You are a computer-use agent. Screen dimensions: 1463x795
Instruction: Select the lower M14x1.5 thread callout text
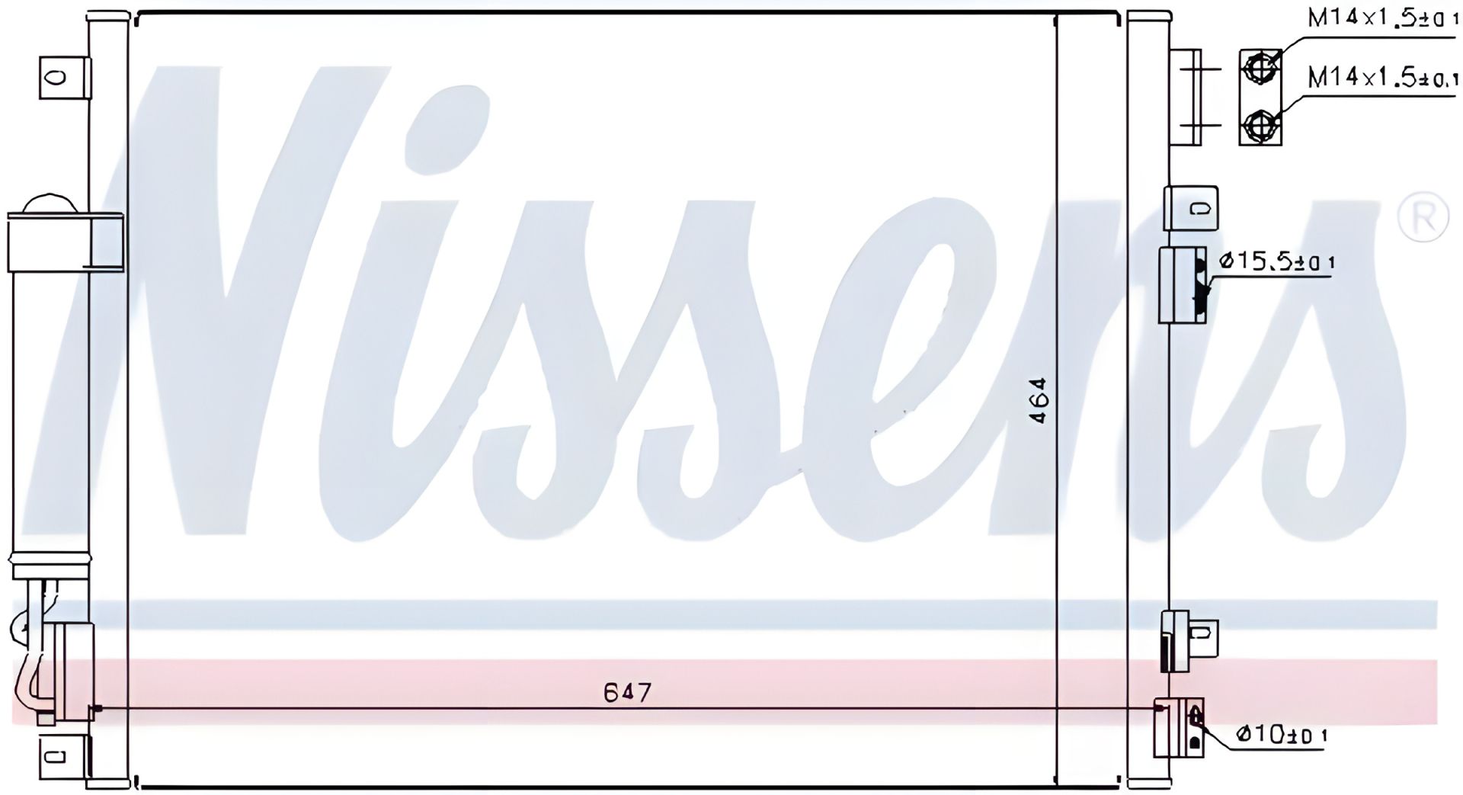coord(1383,77)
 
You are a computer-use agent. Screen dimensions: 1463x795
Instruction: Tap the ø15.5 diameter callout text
coord(1277,262)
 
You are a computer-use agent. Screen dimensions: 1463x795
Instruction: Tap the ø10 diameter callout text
coord(1282,735)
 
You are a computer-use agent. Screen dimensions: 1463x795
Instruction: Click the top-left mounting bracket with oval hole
coord(64,77)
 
